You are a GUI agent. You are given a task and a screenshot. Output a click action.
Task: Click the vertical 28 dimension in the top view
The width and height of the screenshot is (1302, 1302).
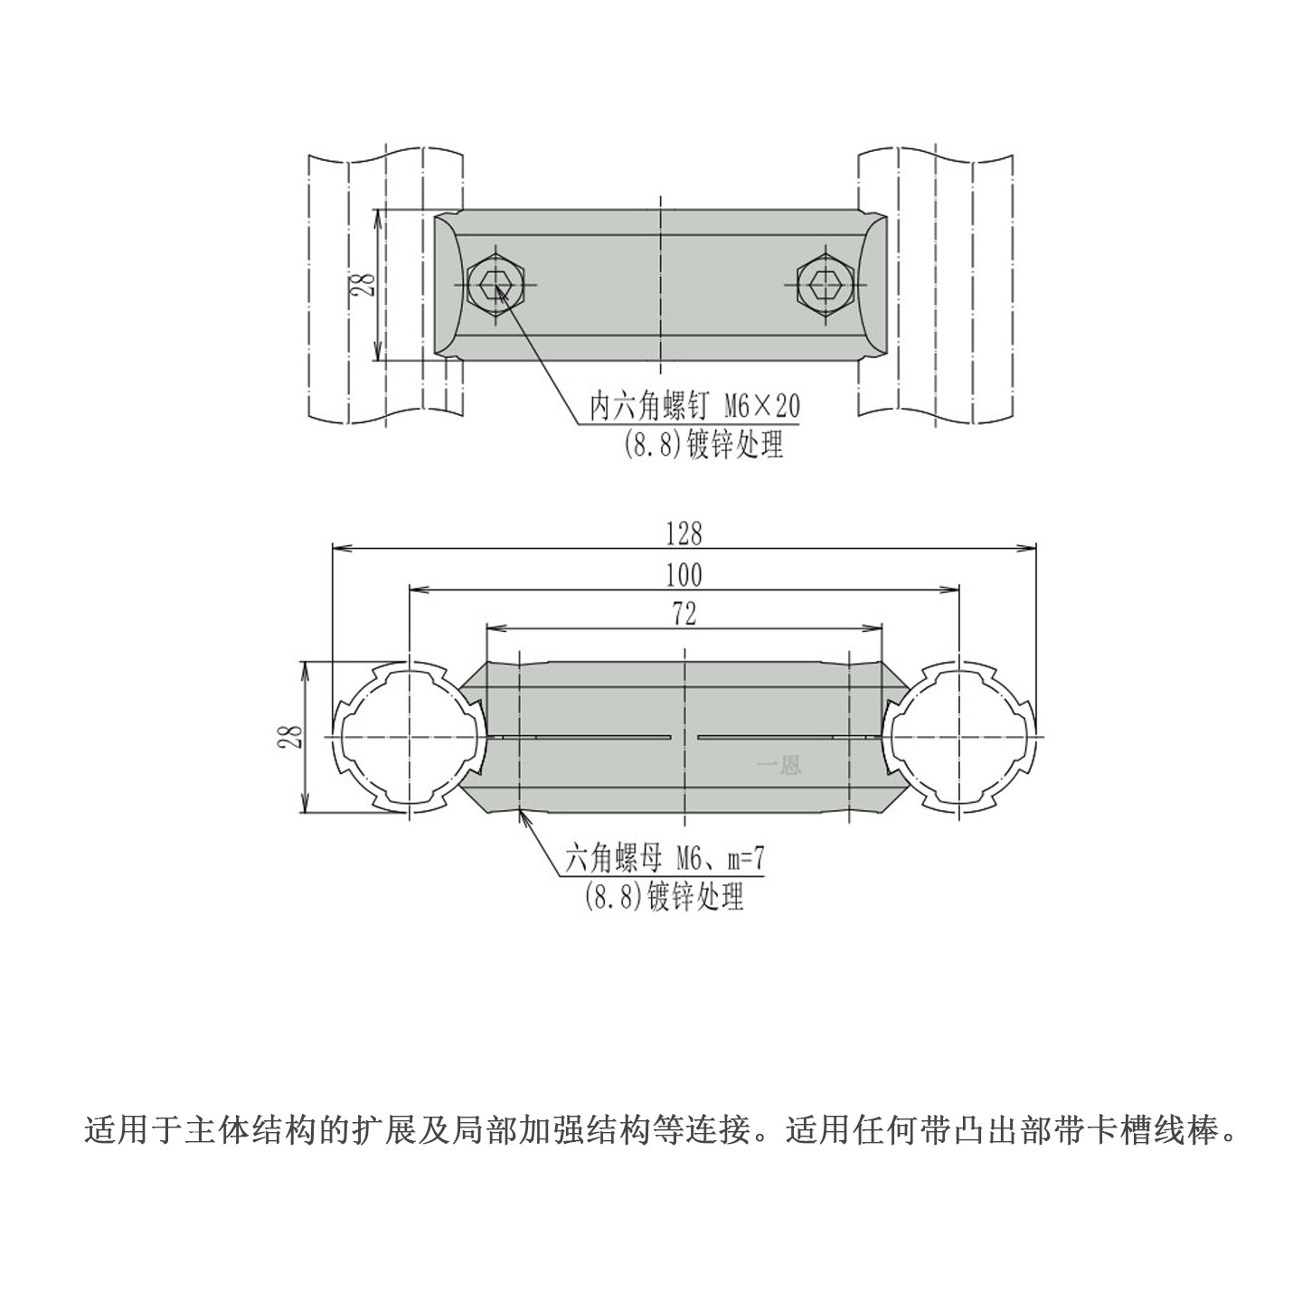364,286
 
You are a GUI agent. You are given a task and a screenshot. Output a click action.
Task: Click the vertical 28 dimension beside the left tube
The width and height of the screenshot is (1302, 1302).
290,736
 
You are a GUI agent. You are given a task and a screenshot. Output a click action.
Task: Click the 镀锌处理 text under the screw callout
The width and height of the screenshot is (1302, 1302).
735,445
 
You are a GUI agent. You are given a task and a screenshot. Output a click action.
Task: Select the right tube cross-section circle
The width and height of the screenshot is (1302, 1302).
958,737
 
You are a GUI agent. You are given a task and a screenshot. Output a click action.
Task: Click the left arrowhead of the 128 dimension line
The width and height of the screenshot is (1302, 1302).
340,546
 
